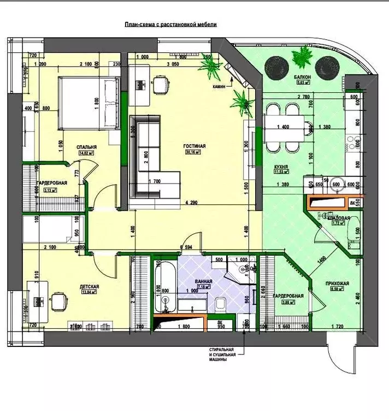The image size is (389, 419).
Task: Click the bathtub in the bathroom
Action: pyautogui.click(x=164, y=287)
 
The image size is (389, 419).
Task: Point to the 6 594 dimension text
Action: pyautogui.click(x=185, y=247)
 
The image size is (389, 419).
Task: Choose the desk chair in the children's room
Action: pyautogui.click(x=58, y=300)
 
